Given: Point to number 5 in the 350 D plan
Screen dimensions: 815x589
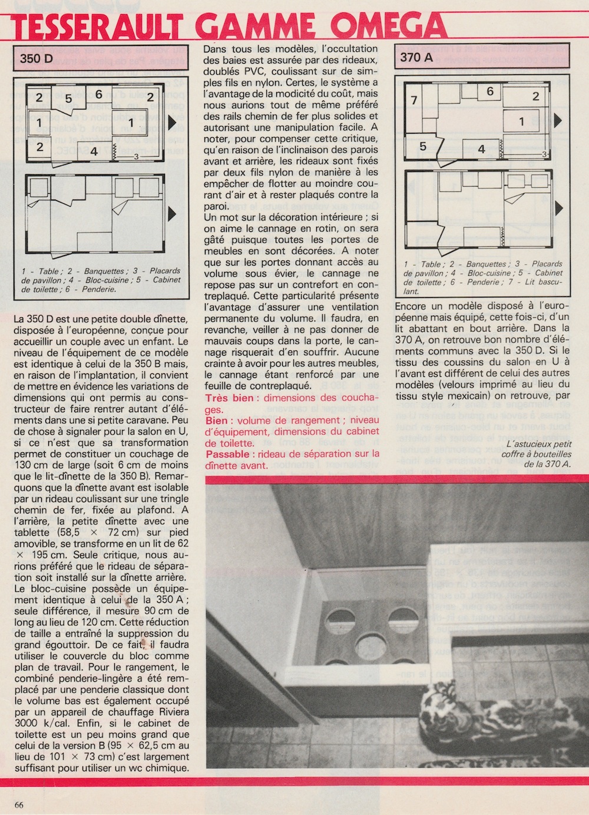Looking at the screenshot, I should pos(69,98).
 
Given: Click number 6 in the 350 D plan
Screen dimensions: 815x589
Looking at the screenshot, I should pos(98,94).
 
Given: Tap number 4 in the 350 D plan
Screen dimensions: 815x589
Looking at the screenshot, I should pos(94,151).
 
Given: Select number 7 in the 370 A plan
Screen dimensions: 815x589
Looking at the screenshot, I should pos(414,100).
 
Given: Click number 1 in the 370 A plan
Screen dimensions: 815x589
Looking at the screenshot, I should pos(521,122).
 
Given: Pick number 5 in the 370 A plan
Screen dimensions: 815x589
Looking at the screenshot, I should pos(422,146).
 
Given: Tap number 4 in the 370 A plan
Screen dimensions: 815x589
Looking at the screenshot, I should pos(481,150).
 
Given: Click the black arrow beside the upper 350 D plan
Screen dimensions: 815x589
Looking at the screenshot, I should pos(172,122).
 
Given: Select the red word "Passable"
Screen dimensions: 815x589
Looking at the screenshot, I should pos(227,453).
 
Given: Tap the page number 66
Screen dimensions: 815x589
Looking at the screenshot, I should pos(19,805).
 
